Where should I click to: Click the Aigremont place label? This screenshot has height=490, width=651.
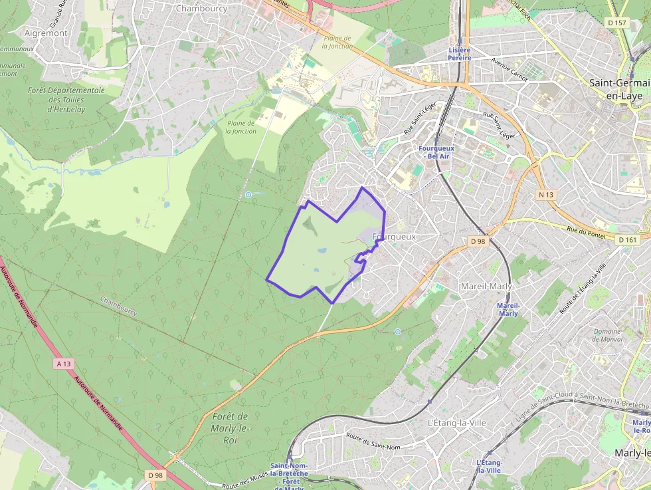(46, 33)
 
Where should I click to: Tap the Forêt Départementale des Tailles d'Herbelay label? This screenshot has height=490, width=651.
(66, 100)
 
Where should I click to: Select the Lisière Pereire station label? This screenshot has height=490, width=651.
(460, 54)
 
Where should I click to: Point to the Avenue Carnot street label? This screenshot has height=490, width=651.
(510, 69)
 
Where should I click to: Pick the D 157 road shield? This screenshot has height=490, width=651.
(617, 23)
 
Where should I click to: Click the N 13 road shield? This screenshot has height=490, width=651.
(546, 194)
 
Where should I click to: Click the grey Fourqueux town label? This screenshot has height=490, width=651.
(394, 237)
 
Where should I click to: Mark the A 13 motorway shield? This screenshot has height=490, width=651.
(64, 364)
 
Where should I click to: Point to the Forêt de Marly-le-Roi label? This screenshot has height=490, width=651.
(230, 428)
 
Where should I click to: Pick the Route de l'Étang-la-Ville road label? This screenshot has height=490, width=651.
(583, 289)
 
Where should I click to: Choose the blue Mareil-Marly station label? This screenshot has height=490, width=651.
(508, 309)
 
